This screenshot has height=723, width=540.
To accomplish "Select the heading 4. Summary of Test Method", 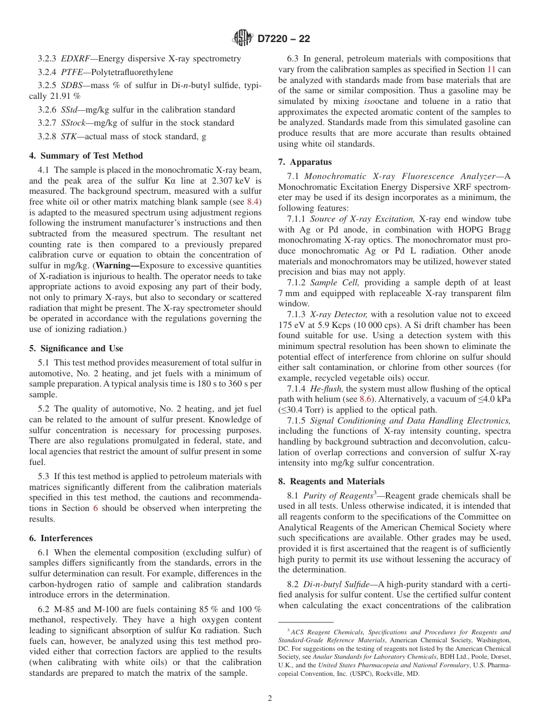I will [86, 156].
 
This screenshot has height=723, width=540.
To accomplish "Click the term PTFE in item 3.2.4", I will [72, 72].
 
